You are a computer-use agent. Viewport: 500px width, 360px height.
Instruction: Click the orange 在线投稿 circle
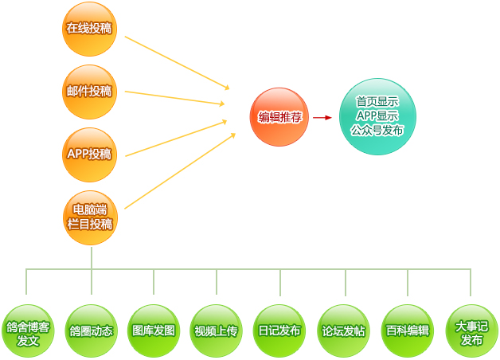coord(89,29)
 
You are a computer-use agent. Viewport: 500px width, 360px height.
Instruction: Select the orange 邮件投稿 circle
coord(89,92)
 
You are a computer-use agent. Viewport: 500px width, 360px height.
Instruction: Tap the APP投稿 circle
coord(89,153)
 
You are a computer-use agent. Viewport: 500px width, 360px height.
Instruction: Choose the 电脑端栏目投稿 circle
coord(89,217)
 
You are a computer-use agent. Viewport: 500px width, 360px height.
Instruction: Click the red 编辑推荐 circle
coord(279,117)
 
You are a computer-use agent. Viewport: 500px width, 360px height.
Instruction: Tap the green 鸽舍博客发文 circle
coord(28,331)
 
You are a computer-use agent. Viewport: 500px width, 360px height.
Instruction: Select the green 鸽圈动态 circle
coord(91,331)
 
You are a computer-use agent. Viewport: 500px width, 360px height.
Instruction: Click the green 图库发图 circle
coord(154,331)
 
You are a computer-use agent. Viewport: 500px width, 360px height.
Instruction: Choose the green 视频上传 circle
coord(217,331)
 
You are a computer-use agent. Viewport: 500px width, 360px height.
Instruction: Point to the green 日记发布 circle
coord(279,331)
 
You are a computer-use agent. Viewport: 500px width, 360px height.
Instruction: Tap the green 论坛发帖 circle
coord(343,331)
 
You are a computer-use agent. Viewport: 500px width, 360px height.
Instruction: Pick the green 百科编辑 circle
coord(407,331)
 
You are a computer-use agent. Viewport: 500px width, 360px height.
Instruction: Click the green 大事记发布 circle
coord(471,331)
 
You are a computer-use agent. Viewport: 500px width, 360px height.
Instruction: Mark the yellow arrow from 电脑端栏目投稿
coord(179,170)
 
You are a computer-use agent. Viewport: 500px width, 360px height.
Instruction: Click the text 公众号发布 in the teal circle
coord(377,130)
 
